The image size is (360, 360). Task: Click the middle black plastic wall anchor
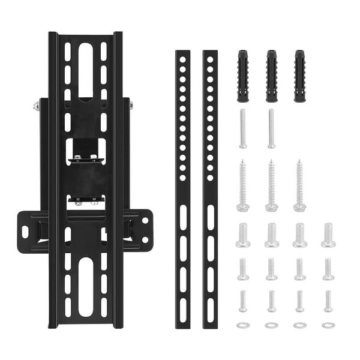tap(271, 76)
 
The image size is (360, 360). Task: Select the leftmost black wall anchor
tap(244, 76)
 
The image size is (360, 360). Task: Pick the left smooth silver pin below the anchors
tap(243, 128)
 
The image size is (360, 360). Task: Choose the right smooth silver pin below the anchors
tap(271, 128)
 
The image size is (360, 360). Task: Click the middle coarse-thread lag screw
tap(271, 185)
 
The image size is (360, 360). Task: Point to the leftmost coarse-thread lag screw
tap(243, 185)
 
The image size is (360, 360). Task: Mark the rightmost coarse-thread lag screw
tap(299, 185)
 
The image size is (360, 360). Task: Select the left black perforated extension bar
tap(182, 189)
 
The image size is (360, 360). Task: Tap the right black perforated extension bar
tap(209, 189)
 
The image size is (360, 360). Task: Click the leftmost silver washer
tap(243, 325)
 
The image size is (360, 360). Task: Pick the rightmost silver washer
tap(328, 325)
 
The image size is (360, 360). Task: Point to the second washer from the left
tap(271, 325)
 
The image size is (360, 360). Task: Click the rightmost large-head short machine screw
tap(328, 235)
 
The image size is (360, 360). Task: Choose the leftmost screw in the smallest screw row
tap(243, 300)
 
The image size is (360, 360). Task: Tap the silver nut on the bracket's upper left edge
tap(37, 107)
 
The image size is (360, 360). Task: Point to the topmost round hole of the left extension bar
tap(182, 60)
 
